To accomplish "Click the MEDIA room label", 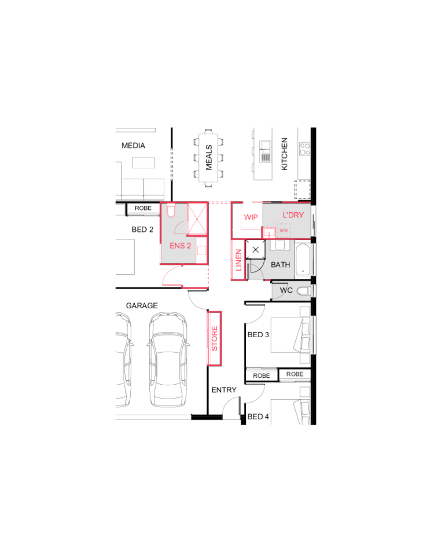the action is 133,146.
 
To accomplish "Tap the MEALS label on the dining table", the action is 209,157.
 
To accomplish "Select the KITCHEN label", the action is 284,154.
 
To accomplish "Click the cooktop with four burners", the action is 305,149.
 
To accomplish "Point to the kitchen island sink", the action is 266,152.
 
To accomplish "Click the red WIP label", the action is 251,217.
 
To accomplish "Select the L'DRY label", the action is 293,215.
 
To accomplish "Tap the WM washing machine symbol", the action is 284,231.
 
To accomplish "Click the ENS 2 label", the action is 180,246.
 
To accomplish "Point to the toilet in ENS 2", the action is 171,210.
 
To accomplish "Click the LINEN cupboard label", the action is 238,260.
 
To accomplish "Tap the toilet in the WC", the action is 304,292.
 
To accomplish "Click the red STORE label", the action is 214,338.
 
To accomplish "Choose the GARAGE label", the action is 142,306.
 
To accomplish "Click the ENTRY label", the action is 224,390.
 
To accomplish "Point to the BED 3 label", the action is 258,335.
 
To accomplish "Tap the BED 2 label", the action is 142,230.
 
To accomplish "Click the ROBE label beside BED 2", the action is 143,208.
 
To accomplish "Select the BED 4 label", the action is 258,417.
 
